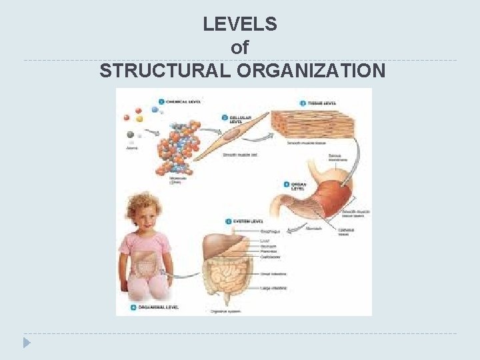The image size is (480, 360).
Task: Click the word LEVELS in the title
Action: [240, 25]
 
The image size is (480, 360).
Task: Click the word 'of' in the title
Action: [240, 47]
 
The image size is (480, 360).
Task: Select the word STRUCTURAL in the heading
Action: [169, 71]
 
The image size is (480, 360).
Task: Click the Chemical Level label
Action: [183, 102]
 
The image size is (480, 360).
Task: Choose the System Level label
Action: [247, 221]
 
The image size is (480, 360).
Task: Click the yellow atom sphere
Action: [140, 119]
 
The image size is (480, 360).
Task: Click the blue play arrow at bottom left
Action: [27, 343]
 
